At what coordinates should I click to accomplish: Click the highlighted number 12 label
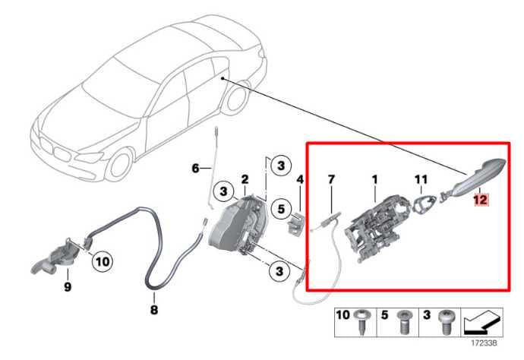point(479,201)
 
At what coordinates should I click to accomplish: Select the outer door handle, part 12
point(479,173)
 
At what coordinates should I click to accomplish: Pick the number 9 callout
point(68,287)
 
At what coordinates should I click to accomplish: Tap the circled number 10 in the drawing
point(103,262)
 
